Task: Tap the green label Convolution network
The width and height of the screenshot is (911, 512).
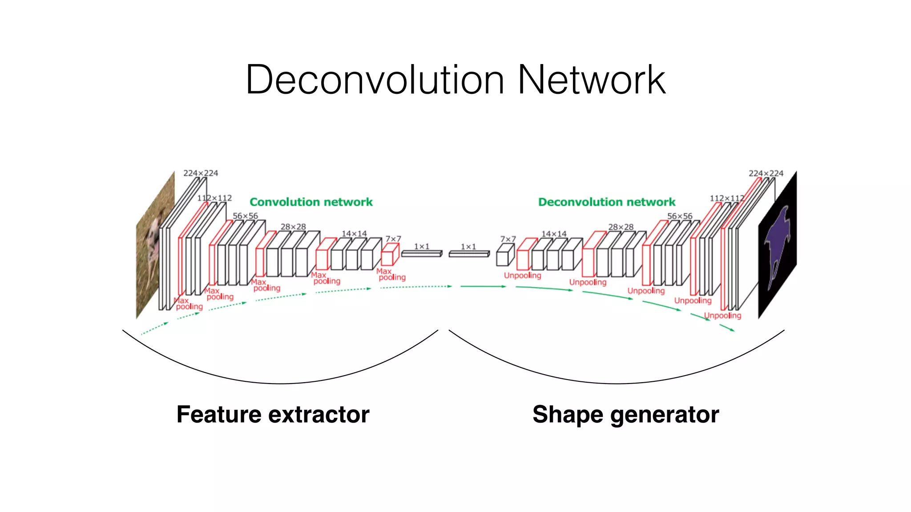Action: tap(311, 202)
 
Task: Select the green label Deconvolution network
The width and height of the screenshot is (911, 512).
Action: tap(607, 202)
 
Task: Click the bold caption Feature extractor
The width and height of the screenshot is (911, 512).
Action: tap(273, 414)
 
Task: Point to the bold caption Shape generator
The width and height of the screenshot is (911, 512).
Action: tap(625, 414)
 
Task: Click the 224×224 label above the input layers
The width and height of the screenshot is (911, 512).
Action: tap(201, 173)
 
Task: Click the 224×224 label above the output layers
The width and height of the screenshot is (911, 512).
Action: tap(766, 173)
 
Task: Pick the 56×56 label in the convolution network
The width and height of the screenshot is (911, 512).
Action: tap(245, 216)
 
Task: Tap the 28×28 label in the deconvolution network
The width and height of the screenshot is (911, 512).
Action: tap(621, 227)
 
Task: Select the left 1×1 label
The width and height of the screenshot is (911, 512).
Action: tap(422, 246)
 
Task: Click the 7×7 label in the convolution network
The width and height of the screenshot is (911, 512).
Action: tap(393, 239)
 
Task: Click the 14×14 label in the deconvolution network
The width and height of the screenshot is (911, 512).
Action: tap(554, 234)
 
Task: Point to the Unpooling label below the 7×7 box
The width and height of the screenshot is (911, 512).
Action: tap(522, 276)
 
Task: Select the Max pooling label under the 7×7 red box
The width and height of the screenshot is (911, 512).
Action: tap(391, 274)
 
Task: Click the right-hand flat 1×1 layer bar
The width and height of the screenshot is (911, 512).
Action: tap(469, 254)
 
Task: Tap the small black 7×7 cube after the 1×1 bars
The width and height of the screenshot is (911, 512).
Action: tap(505, 256)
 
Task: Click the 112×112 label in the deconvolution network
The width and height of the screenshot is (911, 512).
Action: tap(726, 198)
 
